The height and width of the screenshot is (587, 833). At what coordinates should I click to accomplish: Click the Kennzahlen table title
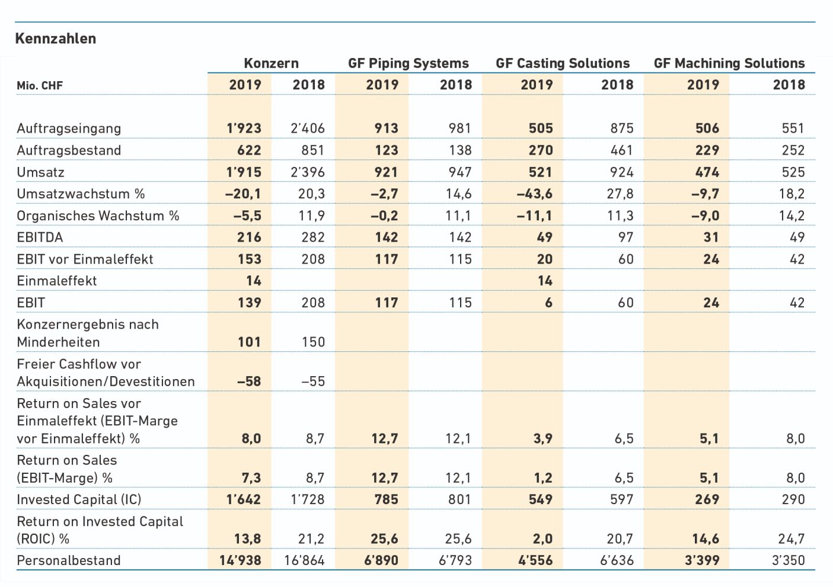point(56,39)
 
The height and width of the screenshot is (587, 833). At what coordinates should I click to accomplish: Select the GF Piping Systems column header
point(408,63)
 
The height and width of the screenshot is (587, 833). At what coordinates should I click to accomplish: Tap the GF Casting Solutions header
point(563,63)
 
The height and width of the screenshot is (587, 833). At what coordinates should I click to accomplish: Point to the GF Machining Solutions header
point(729,63)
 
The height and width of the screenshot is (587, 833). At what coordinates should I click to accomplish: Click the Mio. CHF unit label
point(40,86)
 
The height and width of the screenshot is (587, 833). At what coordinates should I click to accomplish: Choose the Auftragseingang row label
point(69,129)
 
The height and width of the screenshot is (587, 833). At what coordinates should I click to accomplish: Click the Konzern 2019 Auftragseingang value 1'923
point(244,129)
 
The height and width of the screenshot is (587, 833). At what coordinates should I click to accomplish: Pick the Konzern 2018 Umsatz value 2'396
point(308,172)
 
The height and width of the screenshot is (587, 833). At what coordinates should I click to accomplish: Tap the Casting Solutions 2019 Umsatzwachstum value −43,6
point(534,194)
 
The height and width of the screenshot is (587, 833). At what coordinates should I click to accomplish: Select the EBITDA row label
point(40,238)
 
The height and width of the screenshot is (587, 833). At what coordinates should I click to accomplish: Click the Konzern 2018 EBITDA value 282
point(313,238)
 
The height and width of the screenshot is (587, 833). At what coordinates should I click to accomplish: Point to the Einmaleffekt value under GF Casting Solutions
point(545,281)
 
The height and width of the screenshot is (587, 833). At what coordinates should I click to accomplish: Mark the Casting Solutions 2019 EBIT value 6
point(548,303)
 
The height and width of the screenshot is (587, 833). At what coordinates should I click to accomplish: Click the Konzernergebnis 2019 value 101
point(249,342)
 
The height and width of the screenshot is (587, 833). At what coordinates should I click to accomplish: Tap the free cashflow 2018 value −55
point(313,381)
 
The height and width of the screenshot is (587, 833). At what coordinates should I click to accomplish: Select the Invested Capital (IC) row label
point(79,500)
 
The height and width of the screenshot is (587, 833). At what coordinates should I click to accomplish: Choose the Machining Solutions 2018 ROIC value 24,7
point(791,538)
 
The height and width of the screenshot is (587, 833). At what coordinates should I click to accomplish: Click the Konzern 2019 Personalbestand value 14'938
point(240,560)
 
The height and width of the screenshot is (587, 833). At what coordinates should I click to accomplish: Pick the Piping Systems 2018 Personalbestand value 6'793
point(455,560)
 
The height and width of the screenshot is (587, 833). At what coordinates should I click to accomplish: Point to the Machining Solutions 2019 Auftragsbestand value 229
point(707,150)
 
